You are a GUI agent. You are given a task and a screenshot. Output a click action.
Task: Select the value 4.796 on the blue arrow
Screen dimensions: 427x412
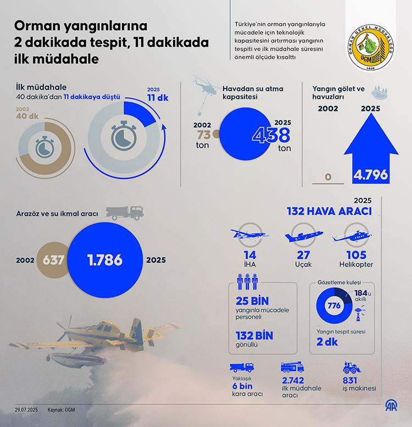[x=371, y=175]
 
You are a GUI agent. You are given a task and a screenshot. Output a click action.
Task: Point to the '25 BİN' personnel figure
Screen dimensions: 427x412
[x=250, y=302]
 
